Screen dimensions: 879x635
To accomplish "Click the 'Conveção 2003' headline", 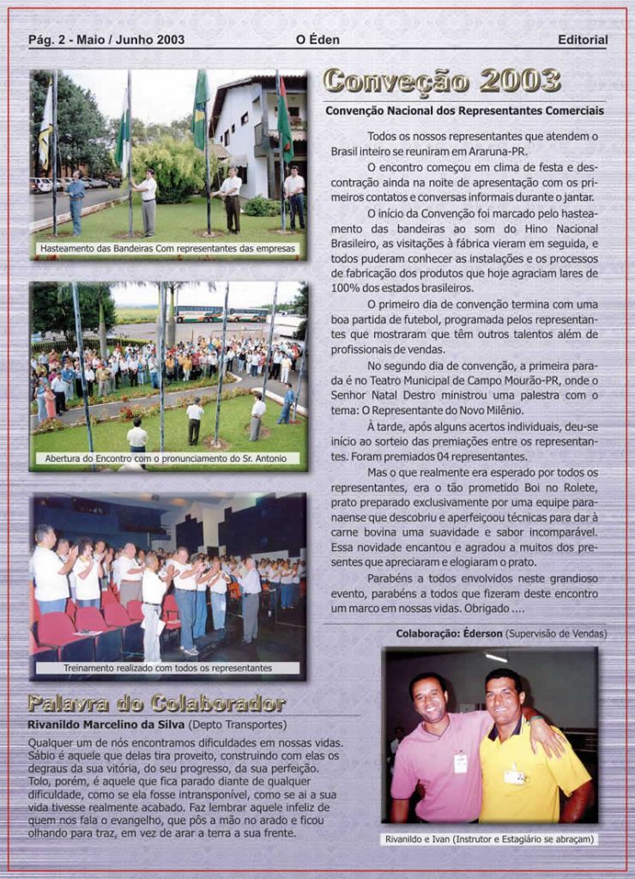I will pos(442,82).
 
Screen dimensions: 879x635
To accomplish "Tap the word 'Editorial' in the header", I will pos(582,39).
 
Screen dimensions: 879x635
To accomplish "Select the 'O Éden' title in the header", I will pos(317,39).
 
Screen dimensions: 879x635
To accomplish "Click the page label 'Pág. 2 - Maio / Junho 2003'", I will pos(106,39).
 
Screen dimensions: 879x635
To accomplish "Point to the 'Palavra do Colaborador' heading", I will pos(156,705).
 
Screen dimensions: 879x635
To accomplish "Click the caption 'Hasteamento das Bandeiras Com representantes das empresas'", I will pos(168,249).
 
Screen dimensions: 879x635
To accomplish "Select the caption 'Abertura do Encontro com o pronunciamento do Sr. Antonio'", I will pos(168,458).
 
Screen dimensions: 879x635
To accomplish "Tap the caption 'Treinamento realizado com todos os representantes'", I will pos(168,667).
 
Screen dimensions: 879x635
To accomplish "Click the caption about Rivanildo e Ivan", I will pos(490,839).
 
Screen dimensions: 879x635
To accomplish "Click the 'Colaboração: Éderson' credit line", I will pos(501,633).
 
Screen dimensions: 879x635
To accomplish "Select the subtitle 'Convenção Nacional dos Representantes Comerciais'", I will pos(464,111).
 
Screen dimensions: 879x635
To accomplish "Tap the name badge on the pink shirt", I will pos(461,762).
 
